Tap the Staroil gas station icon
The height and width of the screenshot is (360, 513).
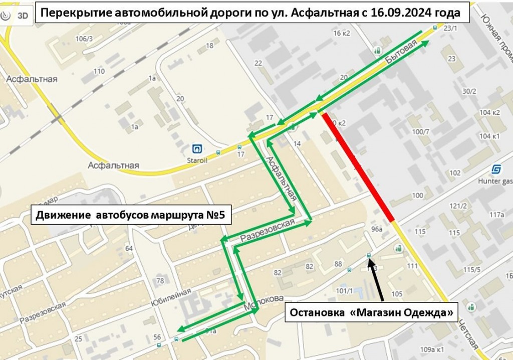click(x=198, y=149)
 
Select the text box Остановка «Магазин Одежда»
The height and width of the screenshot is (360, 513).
click(x=372, y=312)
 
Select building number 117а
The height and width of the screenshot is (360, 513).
click(x=497, y=215)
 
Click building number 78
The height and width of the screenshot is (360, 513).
click(x=160, y=280)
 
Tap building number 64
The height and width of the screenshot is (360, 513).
click(x=129, y=248)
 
